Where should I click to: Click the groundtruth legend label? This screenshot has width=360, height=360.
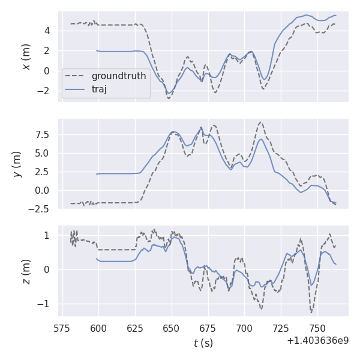[x=118, y=76]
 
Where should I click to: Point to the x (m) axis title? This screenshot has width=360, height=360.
[x=26, y=56]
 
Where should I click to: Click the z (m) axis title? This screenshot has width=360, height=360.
[x=26, y=271]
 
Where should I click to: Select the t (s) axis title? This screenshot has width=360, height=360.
[x=203, y=343]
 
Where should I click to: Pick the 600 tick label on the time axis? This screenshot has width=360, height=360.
[x=98, y=329]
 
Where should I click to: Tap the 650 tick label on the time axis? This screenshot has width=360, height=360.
[x=172, y=329]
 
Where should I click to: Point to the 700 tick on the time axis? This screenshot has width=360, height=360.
[x=245, y=329]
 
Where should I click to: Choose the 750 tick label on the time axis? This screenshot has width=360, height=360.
[x=317, y=329]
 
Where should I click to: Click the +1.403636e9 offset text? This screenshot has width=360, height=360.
[x=317, y=341]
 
